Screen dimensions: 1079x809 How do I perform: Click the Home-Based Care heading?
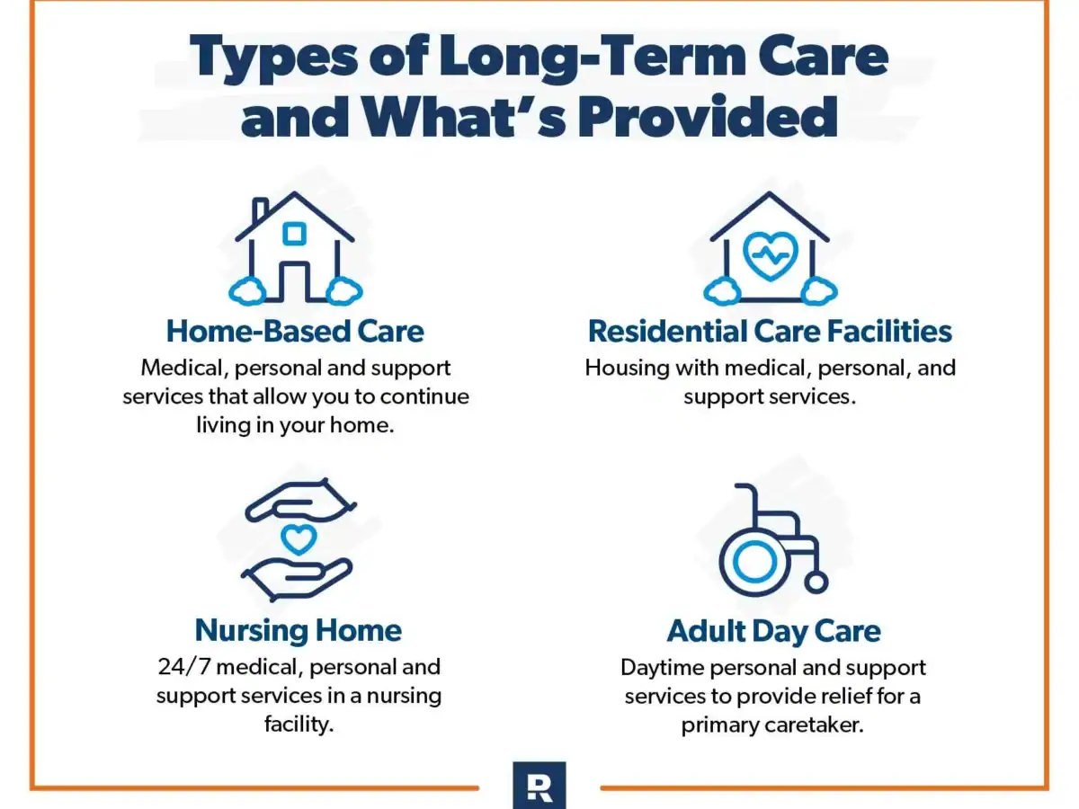pyautogui.click(x=295, y=331)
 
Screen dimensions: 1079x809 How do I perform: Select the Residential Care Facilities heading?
pyautogui.click(x=770, y=331)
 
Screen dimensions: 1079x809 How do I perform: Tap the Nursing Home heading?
pyautogui.click(x=299, y=630)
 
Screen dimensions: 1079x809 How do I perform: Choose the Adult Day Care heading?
pyautogui.click(x=774, y=631)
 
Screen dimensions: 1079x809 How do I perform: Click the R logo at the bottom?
pyautogui.click(x=539, y=785)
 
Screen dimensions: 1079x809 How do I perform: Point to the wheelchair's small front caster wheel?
pyautogui.click(x=816, y=583)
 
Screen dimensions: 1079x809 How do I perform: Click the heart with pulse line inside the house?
pyautogui.click(x=770, y=255)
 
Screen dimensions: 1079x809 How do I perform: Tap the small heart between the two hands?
pyautogui.click(x=299, y=538)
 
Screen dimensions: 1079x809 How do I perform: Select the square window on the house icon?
pyautogui.click(x=294, y=234)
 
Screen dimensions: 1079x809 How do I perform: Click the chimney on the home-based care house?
pyautogui.click(x=260, y=211)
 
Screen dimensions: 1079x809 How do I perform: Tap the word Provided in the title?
pyautogui.click(x=708, y=117)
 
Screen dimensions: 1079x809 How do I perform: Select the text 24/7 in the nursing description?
pyautogui.click(x=184, y=667)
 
